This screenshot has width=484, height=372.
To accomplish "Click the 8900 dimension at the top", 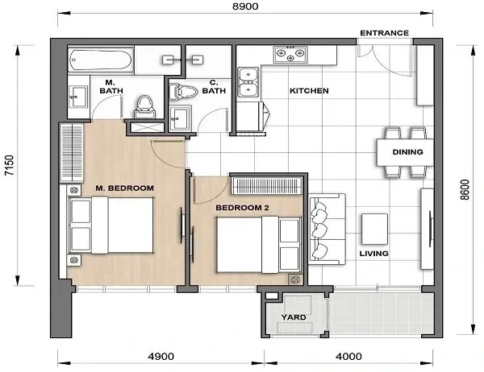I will (243, 6).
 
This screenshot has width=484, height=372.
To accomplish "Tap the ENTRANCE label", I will (384, 33).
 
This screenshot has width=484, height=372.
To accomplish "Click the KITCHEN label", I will (309, 91).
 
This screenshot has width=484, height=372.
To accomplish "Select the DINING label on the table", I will (403, 151).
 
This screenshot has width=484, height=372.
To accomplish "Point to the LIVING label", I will (373, 254).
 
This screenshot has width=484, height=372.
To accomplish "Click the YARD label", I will (294, 317).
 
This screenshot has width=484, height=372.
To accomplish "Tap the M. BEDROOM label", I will (124, 188).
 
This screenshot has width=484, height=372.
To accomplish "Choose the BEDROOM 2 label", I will (242, 208).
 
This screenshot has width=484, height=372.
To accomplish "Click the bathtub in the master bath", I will (101, 60).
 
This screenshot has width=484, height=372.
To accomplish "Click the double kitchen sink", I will (248, 81).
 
